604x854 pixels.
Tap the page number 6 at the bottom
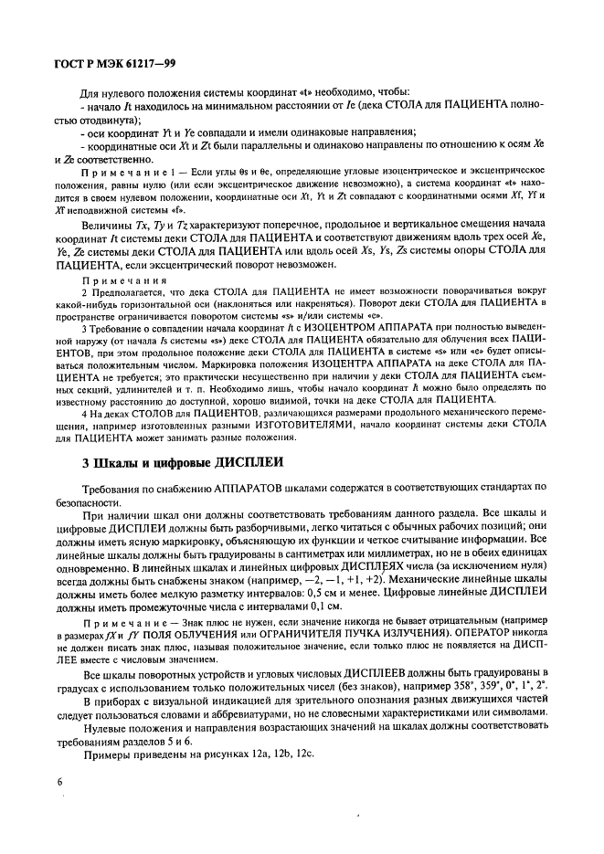tap(59, 782)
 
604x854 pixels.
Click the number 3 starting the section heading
tap(86, 463)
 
